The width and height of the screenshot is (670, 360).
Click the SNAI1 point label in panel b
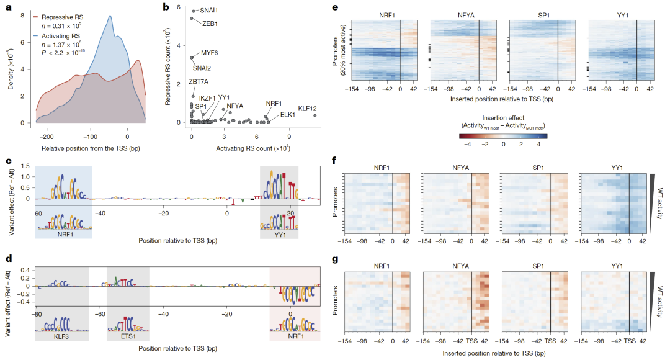click(x=208, y=11)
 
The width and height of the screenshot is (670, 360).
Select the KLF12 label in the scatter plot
click(x=308, y=108)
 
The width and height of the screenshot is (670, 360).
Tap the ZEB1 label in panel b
click(x=210, y=23)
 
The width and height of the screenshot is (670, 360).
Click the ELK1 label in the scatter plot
click(x=287, y=115)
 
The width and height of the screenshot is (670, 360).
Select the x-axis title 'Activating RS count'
click(x=252, y=149)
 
